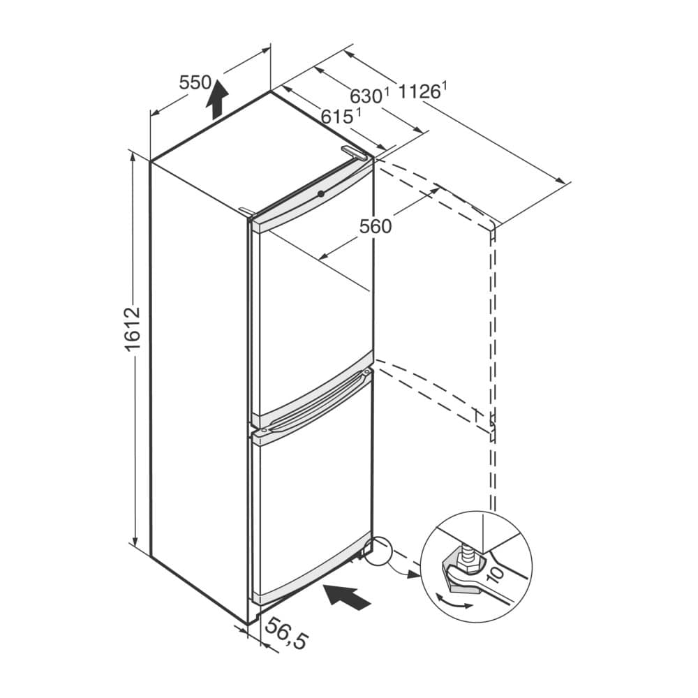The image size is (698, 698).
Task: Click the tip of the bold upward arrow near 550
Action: click(218, 80)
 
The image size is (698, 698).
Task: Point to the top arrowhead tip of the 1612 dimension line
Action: click(133, 151)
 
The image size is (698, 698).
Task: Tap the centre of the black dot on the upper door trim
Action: click(320, 193)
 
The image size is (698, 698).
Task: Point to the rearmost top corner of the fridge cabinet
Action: click(271, 91)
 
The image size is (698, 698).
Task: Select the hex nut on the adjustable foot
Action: click(468, 564)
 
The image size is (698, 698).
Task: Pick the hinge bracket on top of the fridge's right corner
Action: click(354, 153)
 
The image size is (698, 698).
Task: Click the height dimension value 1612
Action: click(132, 329)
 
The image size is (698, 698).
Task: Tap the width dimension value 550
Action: click(195, 83)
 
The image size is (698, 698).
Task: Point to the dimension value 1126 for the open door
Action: click(422, 91)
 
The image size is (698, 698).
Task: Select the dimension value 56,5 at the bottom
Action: click(286, 634)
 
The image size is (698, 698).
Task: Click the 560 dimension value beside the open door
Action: click(376, 227)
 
